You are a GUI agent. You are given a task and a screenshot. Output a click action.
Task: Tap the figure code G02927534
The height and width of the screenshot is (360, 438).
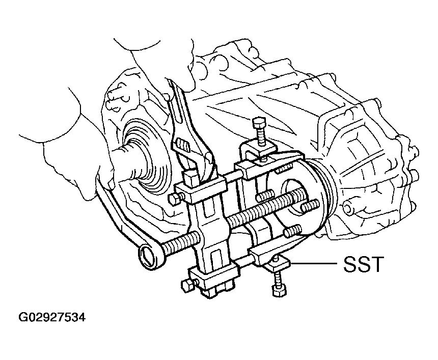click(x=51, y=317)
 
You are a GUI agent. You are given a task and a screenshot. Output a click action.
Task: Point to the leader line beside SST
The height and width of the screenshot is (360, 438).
click(x=313, y=263)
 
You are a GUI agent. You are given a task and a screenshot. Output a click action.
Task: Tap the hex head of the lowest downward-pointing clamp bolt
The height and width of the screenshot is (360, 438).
click(x=279, y=291)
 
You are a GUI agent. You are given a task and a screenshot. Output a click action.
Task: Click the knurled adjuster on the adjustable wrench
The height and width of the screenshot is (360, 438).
click(x=182, y=145)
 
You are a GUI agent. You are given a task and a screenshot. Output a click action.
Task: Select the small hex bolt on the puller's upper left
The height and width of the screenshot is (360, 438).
click(x=174, y=199)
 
